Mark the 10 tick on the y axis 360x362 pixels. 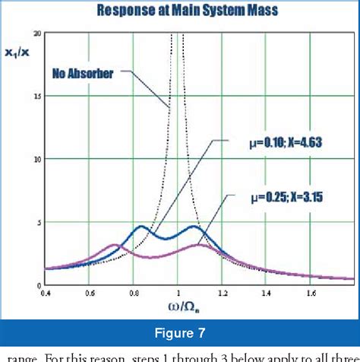coord(38,160)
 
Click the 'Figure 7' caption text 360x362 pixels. coord(179,332)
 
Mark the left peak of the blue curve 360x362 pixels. coord(141,227)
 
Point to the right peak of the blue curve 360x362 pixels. coord(195,227)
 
